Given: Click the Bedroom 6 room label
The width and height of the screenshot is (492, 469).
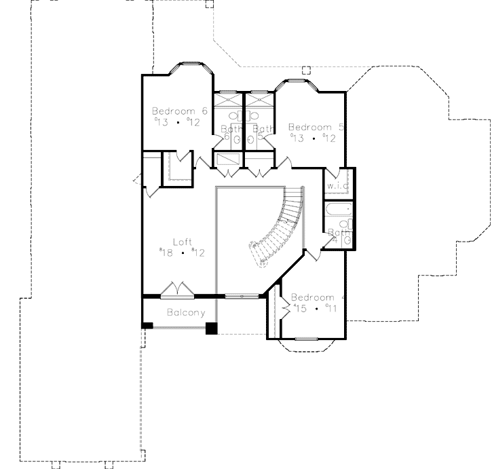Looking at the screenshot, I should [179, 111].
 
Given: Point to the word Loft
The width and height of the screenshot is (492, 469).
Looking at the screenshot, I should [183, 241].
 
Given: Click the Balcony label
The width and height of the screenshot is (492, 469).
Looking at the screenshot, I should [185, 313].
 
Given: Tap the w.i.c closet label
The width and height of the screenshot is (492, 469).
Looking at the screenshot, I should [337, 185].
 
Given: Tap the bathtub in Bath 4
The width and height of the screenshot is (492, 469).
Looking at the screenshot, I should [337, 209].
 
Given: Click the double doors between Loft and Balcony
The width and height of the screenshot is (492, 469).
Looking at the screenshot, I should [178, 290].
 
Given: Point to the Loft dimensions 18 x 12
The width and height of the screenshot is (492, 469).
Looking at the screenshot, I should [182, 252].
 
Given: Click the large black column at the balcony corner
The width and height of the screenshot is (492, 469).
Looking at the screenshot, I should [211, 329].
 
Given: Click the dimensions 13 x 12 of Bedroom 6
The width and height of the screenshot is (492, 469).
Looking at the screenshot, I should [178, 122].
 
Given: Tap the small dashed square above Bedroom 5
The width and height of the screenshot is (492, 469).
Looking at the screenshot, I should [305, 69].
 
